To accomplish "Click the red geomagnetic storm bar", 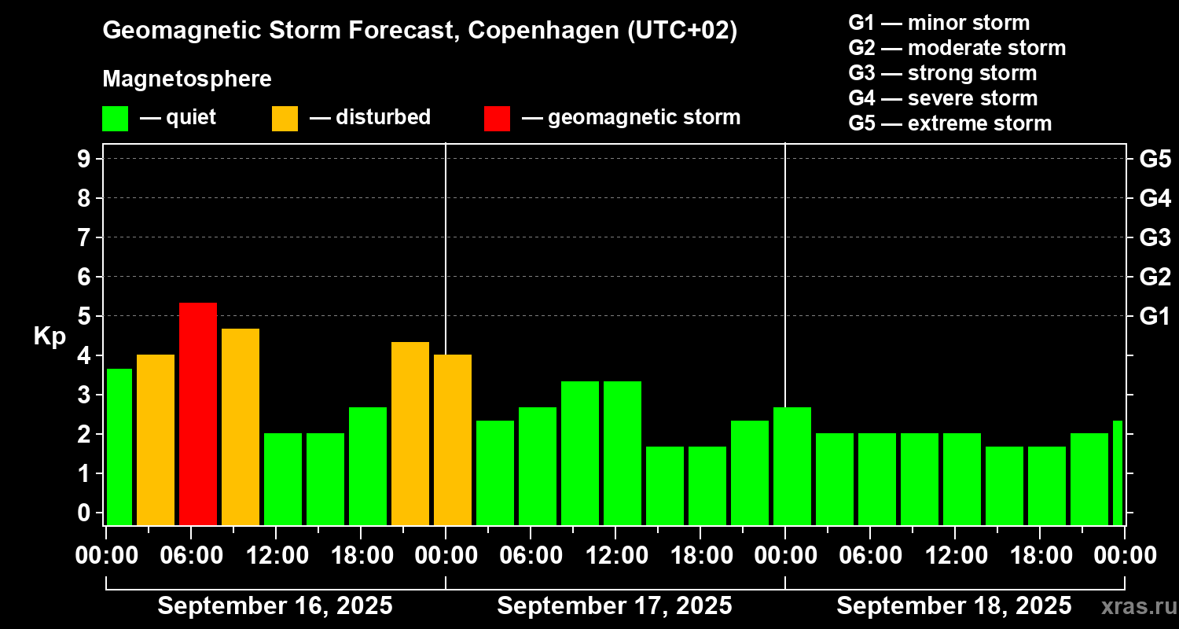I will click(x=198, y=414).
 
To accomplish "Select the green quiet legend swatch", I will click(x=115, y=118).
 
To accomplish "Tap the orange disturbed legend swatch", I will click(x=285, y=118).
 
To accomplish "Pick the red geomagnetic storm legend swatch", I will click(x=497, y=118).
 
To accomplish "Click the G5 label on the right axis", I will click(x=1155, y=159).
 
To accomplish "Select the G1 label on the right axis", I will click(x=1155, y=316).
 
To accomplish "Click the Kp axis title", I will click(x=50, y=336).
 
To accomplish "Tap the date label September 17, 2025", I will click(x=615, y=605).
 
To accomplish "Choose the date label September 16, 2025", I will click(x=275, y=605).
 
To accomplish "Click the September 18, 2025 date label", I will click(x=953, y=605).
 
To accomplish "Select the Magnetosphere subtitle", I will click(x=187, y=79).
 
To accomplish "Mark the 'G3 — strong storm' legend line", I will click(x=942, y=73).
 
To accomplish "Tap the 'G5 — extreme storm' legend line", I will click(x=949, y=123).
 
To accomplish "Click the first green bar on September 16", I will click(x=119, y=447).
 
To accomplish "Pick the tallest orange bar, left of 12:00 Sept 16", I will click(x=241, y=427).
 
